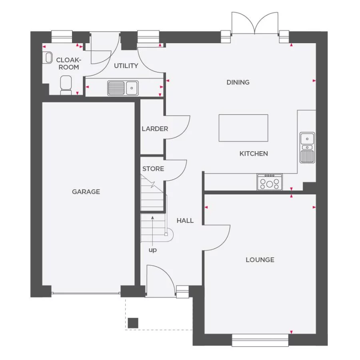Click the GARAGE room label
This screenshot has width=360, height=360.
point(86,192)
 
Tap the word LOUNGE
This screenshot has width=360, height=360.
point(260,260)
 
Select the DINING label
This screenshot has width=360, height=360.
point(238,82)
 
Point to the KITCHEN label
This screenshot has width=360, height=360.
point(254,154)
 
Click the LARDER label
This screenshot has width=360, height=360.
point(155,129)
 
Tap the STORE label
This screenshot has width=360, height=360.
point(153,169)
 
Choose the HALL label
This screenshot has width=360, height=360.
point(185,220)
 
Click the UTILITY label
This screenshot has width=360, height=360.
point(126,66)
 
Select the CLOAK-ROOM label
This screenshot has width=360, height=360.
point(69,64)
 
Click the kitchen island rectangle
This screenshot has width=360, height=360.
point(243,128)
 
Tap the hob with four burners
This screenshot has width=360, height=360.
point(270,182)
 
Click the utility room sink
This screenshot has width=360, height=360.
point(123,88)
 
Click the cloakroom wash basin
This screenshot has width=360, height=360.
point(48,58)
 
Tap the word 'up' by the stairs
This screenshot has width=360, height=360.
point(153,250)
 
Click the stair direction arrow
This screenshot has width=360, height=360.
point(152,228)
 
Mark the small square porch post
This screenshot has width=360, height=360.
point(133,322)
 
